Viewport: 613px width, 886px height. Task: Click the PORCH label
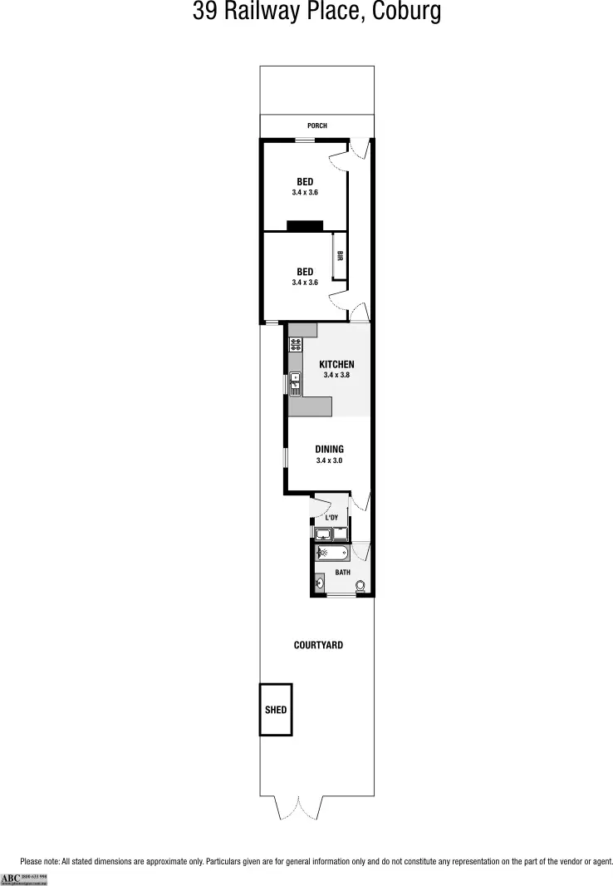click(316, 126)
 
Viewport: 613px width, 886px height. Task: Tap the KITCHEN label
click(337, 364)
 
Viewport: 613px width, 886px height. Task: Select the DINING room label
click(329, 450)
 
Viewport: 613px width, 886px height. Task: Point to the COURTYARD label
click(318, 645)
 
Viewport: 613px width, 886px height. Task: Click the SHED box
click(276, 710)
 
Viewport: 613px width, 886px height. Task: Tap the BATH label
click(342, 572)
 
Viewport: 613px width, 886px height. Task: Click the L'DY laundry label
click(331, 518)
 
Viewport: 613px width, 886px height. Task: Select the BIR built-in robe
click(340, 258)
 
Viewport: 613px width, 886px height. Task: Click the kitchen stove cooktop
click(295, 344)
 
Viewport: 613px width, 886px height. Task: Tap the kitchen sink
click(295, 383)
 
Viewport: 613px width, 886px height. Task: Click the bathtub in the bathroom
click(334, 553)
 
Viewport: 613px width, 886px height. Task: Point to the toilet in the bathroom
click(360, 586)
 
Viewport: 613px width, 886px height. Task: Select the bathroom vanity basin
click(320, 583)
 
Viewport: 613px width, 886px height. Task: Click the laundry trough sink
click(323, 533)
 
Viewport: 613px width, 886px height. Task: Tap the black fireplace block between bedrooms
click(304, 225)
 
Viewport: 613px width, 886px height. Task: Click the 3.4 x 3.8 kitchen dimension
click(337, 375)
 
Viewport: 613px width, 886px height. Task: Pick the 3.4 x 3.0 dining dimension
click(329, 460)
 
